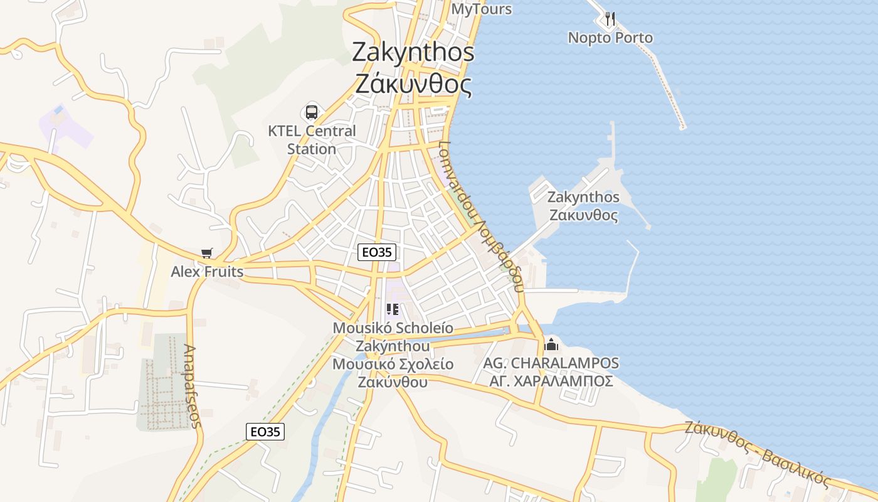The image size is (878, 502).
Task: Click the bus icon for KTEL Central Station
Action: point(311,112)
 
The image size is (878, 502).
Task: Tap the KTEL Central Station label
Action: point(312,140)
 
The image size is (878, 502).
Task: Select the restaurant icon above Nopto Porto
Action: point(610,19)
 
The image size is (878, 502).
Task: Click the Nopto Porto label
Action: point(610,38)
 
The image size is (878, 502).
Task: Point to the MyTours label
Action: point(482,9)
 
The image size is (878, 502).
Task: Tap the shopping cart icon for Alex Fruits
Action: point(207,253)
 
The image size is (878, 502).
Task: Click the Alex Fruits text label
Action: point(207,272)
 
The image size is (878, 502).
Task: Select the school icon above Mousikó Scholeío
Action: point(393,309)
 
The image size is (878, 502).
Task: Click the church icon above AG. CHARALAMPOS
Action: point(551,344)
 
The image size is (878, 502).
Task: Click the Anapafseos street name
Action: point(193,386)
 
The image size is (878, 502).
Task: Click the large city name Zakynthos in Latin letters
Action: point(413,51)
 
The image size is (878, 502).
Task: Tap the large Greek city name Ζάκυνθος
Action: point(413,83)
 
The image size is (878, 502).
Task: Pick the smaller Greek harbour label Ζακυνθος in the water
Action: point(583,215)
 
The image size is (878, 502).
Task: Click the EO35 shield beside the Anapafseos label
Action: point(264,431)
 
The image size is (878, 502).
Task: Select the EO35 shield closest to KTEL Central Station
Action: point(377,252)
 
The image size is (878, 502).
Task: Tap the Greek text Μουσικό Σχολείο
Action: point(393,364)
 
